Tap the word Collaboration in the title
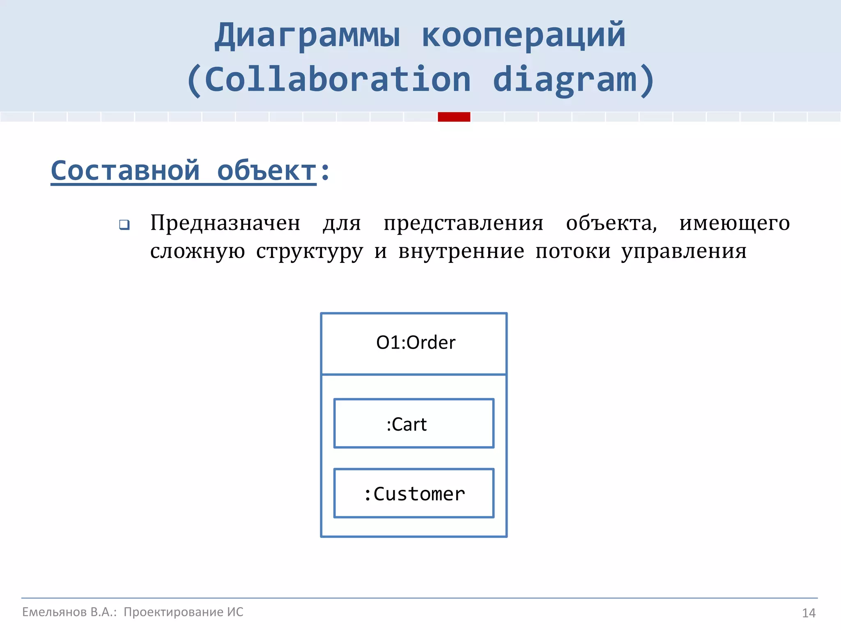338,80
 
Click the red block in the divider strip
454,117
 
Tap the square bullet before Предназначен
124,225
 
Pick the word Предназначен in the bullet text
225,224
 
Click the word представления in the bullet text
463,224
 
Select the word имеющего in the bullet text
734,224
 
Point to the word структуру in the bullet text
310,251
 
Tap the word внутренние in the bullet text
461,251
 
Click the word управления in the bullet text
684,251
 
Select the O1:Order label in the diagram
416,342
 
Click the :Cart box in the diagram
414,423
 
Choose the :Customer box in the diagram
414,493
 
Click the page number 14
809,613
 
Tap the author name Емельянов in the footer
54,612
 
